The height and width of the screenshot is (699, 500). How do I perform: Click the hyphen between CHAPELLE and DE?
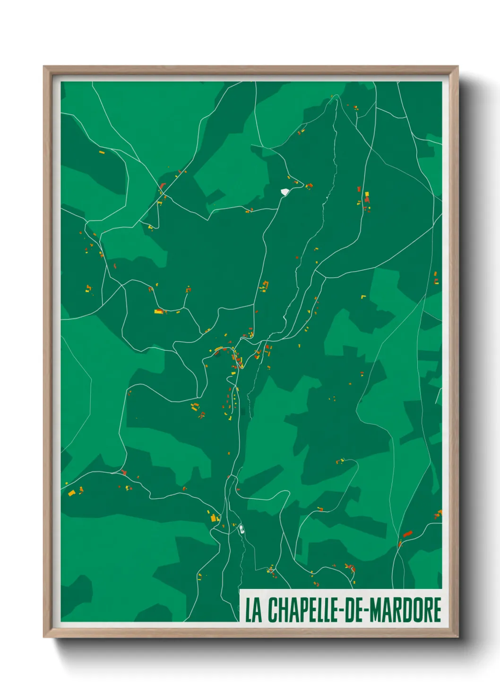[341, 611]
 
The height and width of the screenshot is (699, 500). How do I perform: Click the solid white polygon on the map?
[284, 192]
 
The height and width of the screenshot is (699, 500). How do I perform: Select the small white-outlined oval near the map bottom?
[241, 529]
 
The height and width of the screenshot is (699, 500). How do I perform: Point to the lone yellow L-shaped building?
[363, 297]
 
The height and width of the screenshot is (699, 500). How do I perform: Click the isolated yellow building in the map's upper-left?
[101, 152]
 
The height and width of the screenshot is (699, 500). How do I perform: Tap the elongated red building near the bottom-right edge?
[407, 534]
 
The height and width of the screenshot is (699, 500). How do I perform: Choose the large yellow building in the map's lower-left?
[71, 493]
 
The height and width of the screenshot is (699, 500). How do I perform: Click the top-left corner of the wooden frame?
[44, 67]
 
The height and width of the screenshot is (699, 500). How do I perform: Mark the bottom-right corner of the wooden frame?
[457, 637]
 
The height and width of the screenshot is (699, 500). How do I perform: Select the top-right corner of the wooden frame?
[457, 67]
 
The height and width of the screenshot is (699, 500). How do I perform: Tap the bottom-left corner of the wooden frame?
[44, 637]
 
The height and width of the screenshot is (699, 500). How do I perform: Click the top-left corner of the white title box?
[240, 590]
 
